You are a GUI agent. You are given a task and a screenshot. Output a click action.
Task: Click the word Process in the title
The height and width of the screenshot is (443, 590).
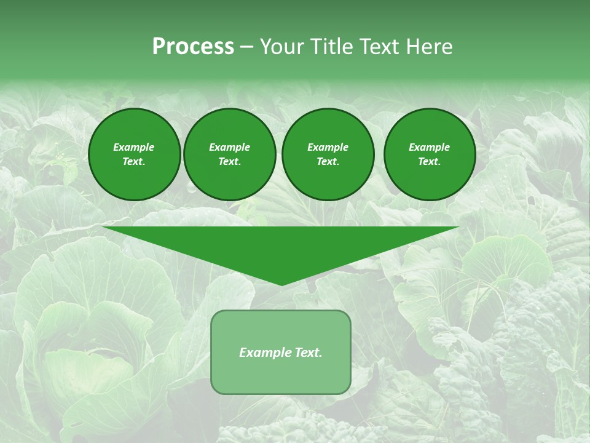(193, 47)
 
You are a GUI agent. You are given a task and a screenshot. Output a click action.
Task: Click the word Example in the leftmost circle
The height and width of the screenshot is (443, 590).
(134, 147)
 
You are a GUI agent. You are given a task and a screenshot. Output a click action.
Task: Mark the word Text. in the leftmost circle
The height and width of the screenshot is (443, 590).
(134, 162)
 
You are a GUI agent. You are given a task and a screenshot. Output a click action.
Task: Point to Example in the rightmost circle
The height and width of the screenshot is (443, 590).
(430, 147)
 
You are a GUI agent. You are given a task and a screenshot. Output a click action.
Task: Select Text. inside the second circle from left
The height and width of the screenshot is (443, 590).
(230, 162)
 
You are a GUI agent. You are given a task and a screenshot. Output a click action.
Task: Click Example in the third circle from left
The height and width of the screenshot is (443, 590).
(328, 147)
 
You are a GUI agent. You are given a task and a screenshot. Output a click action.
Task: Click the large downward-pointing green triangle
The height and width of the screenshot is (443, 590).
(281, 246)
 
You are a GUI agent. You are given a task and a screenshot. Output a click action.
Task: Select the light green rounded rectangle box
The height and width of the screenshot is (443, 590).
(281, 375)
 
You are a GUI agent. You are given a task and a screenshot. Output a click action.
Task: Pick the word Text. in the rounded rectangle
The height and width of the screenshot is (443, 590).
(308, 353)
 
